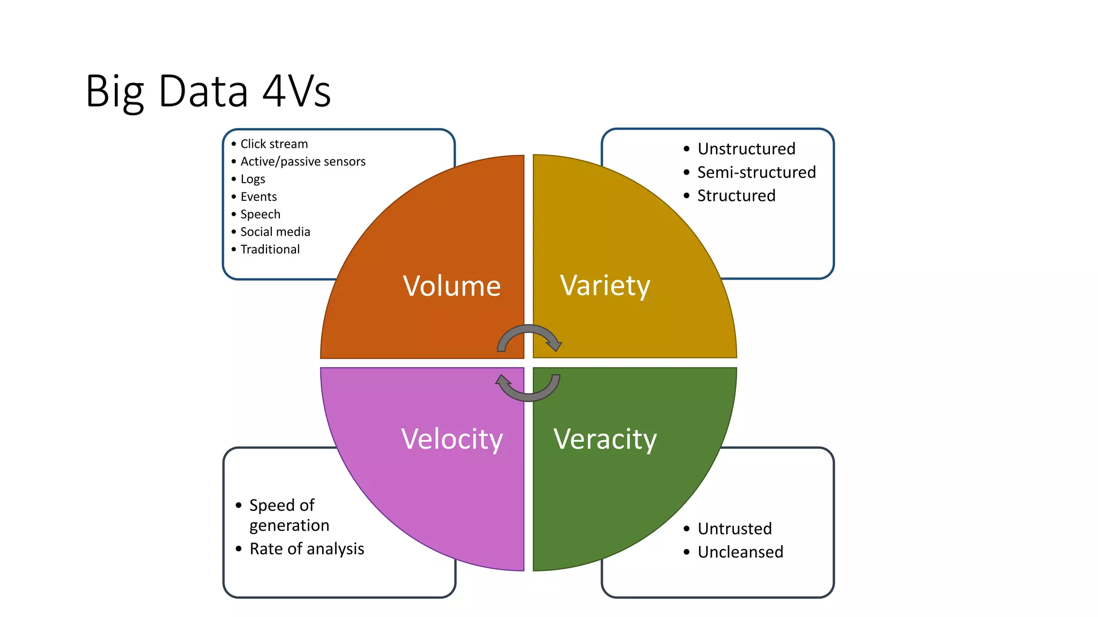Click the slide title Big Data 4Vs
click(208, 91)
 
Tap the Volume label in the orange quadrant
click(451, 286)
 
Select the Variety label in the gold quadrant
click(605, 285)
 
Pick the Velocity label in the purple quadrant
click(451, 439)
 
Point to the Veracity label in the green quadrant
click(605, 439)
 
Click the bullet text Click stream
click(274, 144)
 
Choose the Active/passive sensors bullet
click(303, 162)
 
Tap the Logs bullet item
click(253, 179)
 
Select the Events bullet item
click(258, 197)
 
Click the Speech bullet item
click(260, 214)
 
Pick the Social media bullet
click(275, 232)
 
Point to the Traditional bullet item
click(270, 250)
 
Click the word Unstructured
click(746, 149)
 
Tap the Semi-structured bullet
click(756, 172)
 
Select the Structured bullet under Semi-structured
click(736, 196)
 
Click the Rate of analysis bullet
click(307, 549)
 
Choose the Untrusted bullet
click(735, 529)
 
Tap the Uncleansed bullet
click(740, 552)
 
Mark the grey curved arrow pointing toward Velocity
click(528, 392)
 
